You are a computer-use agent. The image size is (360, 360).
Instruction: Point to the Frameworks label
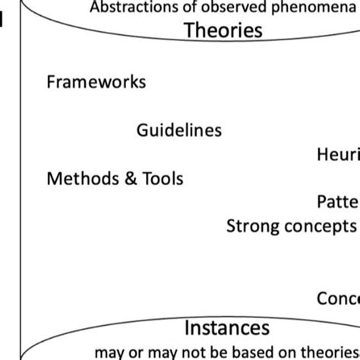coord(96,81)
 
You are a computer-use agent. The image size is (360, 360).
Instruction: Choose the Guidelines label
coord(179,130)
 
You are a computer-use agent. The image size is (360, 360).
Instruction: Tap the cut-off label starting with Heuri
coord(338,155)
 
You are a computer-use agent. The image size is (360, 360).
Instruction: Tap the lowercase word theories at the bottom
coord(333,351)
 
